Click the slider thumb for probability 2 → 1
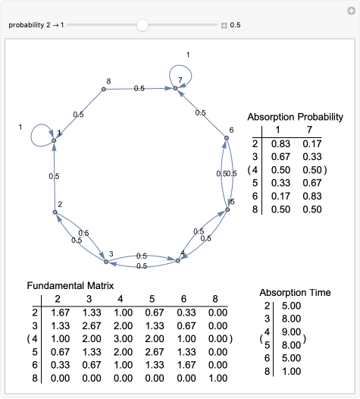(142, 25)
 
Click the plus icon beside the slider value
(224, 25)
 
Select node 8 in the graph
(104, 90)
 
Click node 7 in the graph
(175, 89)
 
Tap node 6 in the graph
(226, 138)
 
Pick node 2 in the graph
(55, 212)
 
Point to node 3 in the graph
(106, 262)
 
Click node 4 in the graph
(177, 261)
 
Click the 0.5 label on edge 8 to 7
(139, 89)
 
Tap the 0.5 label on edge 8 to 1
(79, 115)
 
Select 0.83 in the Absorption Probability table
(281, 143)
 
